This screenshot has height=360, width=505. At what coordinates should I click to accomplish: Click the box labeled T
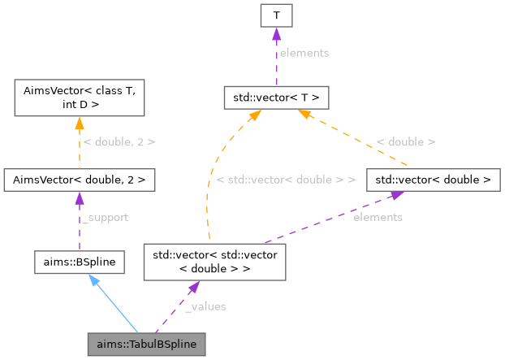tap(275, 15)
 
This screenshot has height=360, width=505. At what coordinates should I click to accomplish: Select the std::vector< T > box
tap(275, 98)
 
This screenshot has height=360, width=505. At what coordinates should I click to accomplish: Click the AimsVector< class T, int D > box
tap(79, 98)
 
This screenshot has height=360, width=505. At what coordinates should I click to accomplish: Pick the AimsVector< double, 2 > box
tap(79, 178)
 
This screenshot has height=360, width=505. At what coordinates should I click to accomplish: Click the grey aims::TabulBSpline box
tap(146, 344)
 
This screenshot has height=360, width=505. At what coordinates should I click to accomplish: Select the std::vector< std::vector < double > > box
tap(214, 261)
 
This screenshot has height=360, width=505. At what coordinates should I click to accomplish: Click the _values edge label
tap(205, 306)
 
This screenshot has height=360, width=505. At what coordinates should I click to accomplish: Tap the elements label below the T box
tap(303, 53)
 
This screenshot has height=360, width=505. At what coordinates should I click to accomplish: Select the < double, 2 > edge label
tap(119, 141)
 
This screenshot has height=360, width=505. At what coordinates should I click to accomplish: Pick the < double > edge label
tap(406, 141)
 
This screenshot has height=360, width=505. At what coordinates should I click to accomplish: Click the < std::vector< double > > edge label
tap(287, 178)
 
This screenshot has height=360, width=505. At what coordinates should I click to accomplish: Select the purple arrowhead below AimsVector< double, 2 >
tap(79, 197)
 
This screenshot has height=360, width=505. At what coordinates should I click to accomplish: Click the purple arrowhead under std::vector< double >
tap(397, 194)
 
